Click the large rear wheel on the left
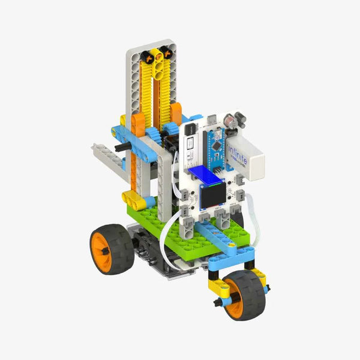pyautogui.click(x=111, y=247)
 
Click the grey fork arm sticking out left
pyautogui.click(x=109, y=157)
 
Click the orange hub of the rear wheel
pyautogui.click(x=101, y=248)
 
